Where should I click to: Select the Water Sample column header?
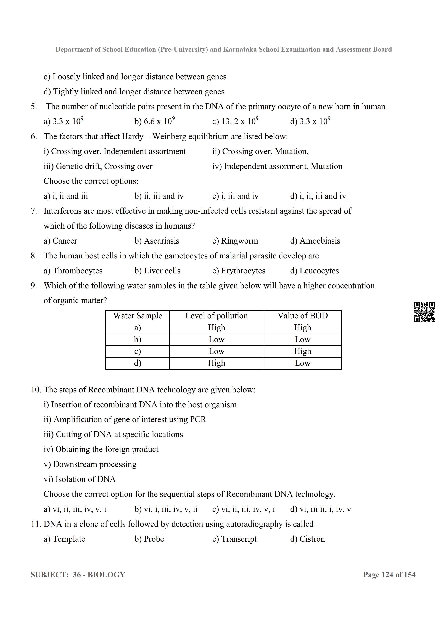pyautogui.click(x=138, y=316)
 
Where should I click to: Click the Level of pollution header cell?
pyautogui.click(x=216, y=316)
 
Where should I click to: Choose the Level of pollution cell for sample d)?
pyautogui.click(x=216, y=363)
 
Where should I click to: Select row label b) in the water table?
pyautogui.click(x=138, y=339)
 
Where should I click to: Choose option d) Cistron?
pyautogui.click(x=307, y=539)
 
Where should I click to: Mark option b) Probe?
pyautogui.click(x=149, y=539)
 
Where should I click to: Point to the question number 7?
pyautogui.click(x=34, y=211)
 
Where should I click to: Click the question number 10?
pyautogui.click(x=36, y=390)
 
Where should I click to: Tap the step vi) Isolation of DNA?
pyautogui.click(x=80, y=479)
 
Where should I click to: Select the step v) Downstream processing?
pyautogui.click(x=90, y=464)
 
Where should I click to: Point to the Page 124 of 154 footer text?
pyautogui.click(x=389, y=575)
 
